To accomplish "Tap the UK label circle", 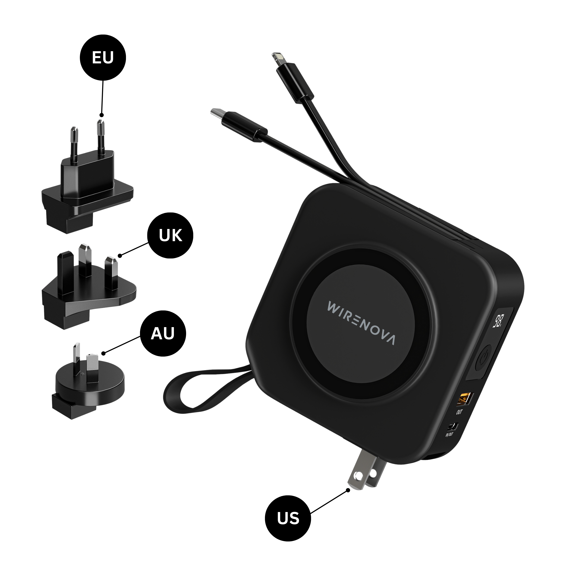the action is (170, 235).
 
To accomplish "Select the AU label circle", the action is (163, 333).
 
